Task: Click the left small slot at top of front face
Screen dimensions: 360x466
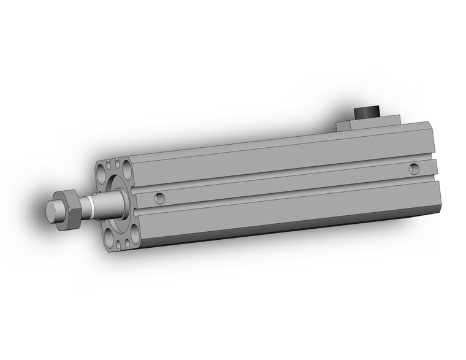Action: tap(110, 165)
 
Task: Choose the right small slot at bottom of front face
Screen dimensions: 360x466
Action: tap(127, 242)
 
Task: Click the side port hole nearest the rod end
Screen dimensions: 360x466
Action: tap(159, 197)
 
